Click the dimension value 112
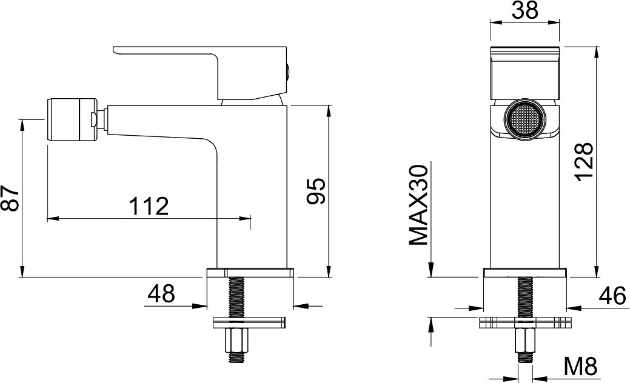pyautogui.click(x=149, y=207)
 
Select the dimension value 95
pyautogui.click(x=315, y=191)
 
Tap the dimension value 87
pyautogui.click(x=10, y=198)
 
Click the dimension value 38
pyautogui.click(x=525, y=10)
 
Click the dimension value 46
pyautogui.click(x=612, y=296)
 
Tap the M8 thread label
pyautogui.click(x=580, y=367)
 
